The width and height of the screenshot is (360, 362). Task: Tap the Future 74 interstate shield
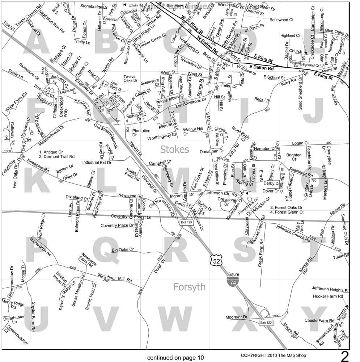[233, 281]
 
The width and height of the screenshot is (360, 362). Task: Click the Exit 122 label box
[266, 322]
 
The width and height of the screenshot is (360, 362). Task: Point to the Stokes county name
[175, 149]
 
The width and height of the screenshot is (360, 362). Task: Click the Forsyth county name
[189, 287]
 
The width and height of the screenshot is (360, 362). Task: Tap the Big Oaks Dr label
[123, 250]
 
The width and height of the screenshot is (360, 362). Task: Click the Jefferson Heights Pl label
[330, 289]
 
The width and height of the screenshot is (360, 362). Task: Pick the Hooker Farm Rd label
[328, 296]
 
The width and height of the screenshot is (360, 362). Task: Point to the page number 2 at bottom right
[345, 357]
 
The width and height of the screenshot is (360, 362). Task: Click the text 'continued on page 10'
[175, 358]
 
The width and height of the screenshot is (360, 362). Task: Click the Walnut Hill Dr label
[195, 131]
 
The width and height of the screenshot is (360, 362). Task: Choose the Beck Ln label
[262, 100]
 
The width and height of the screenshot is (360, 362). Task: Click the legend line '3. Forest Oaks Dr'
[286, 207]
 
